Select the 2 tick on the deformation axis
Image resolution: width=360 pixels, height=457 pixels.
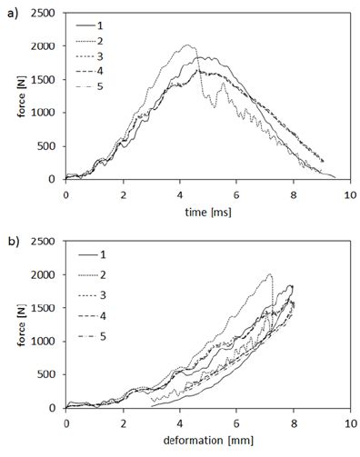point(123,423)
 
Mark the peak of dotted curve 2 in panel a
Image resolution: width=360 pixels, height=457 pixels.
point(188,45)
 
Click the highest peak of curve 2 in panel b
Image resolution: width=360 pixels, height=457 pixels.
point(270,274)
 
